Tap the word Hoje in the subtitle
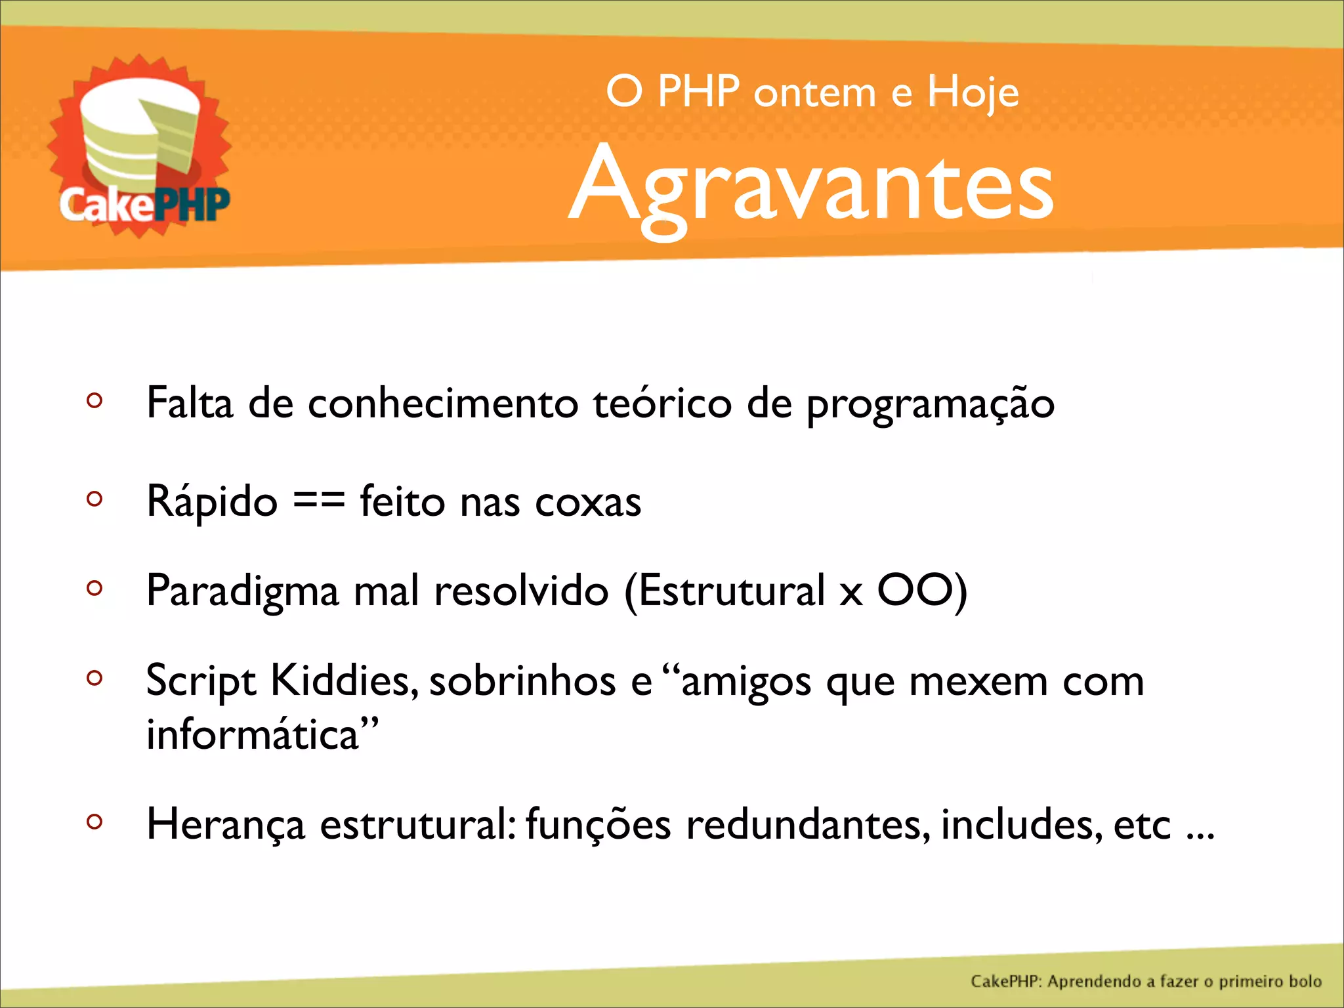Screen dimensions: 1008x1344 click(973, 93)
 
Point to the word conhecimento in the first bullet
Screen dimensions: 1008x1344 click(443, 403)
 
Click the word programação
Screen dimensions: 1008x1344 click(930, 404)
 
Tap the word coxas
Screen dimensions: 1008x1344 click(588, 503)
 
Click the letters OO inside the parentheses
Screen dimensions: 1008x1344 click(915, 590)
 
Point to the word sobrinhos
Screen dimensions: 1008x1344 click(522, 681)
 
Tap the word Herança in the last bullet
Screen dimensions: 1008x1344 click(226, 825)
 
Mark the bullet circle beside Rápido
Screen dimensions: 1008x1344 click(94, 499)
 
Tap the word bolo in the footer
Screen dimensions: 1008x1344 click(1305, 981)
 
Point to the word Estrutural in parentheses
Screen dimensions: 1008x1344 click(731, 591)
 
